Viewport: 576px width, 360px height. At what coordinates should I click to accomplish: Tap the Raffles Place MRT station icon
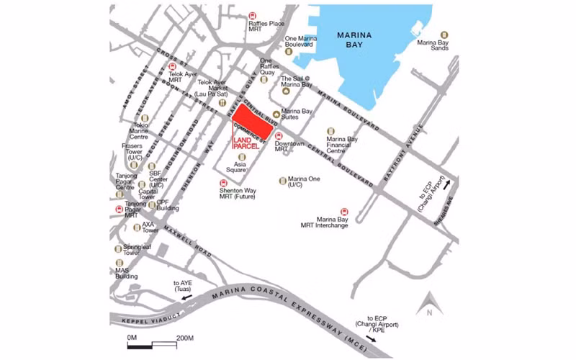(x=253, y=15)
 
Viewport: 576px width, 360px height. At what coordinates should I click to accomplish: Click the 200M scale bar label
(x=185, y=338)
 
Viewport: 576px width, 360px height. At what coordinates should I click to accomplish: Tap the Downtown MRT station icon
(x=279, y=136)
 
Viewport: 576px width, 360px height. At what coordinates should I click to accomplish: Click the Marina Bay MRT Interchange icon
(x=343, y=212)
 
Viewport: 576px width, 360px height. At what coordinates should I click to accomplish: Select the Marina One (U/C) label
(x=304, y=183)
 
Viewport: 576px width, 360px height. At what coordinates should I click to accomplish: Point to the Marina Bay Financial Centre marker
(x=331, y=131)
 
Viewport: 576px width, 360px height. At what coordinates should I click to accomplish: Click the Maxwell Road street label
(x=187, y=243)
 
